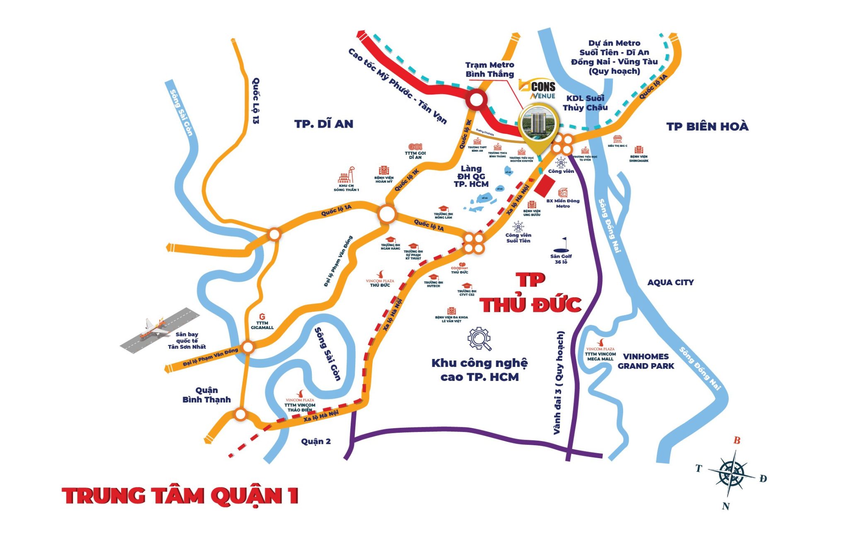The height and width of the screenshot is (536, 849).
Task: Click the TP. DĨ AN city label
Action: pyautogui.click(x=324, y=124)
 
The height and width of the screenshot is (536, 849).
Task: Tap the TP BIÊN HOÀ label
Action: pyautogui.click(x=707, y=127)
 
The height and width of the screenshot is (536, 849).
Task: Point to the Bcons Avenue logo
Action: pyautogui.click(x=538, y=90)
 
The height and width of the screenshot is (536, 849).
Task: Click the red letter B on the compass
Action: pyautogui.click(x=737, y=440)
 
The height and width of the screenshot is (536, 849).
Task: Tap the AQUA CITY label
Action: pyautogui.click(x=670, y=282)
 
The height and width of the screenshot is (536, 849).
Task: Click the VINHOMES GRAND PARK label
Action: pyautogui.click(x=645, y=361)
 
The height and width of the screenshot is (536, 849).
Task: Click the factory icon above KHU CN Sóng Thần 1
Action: pyautogui.click(x=346, y=175)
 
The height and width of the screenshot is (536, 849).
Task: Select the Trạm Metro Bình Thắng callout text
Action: pyautogui.click(x=490, y=70)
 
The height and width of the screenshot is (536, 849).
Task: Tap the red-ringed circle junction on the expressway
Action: pyautogui.click(x=476, y=100)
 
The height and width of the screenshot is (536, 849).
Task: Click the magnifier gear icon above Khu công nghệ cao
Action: pyautogui.click(x=480, y=339)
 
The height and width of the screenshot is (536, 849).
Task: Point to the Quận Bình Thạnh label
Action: pyautogui.click(x=206, y=395)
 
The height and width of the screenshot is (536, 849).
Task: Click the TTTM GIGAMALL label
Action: pyautogui.click(x=262, y=325)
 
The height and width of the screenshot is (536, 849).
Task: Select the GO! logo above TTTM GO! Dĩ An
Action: pyautogui.click(x=415, y=147)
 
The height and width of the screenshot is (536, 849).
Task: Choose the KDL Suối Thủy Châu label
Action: pyautogui.click(x=585, y=103)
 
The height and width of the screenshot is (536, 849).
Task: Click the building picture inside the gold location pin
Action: pyautogui.click(x=538, y=123)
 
